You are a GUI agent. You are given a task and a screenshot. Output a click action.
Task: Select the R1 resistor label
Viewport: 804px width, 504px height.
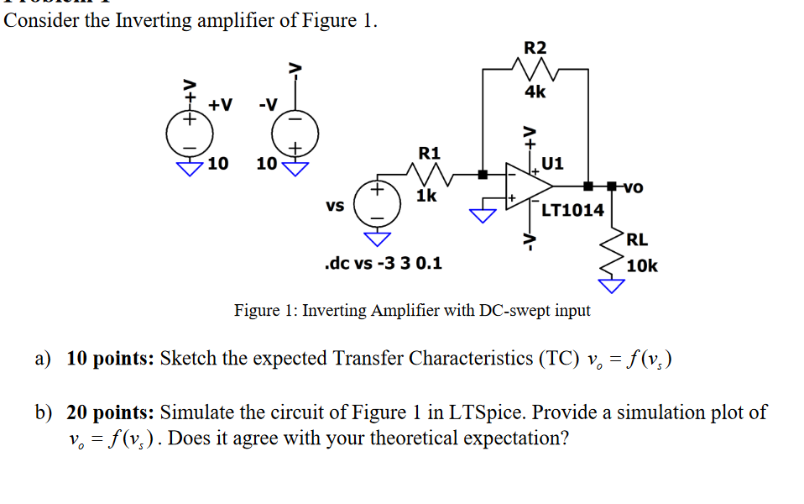click(429, 154)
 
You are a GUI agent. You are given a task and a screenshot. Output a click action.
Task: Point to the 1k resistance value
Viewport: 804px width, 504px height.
click(426, 196)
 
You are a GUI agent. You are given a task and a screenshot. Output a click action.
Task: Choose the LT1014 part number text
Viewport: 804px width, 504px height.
click(572, 210)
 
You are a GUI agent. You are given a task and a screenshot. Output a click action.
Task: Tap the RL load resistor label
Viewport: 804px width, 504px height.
click(637, 239)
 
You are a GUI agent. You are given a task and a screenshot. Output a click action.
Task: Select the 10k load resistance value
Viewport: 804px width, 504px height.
click(642, 266)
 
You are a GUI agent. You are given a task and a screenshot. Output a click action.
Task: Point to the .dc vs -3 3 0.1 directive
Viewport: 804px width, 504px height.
click(384, 263)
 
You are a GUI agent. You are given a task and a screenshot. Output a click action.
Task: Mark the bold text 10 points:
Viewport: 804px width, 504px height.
click(109, 359)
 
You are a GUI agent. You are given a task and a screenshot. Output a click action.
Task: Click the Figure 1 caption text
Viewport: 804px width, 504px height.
click(411, 311)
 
